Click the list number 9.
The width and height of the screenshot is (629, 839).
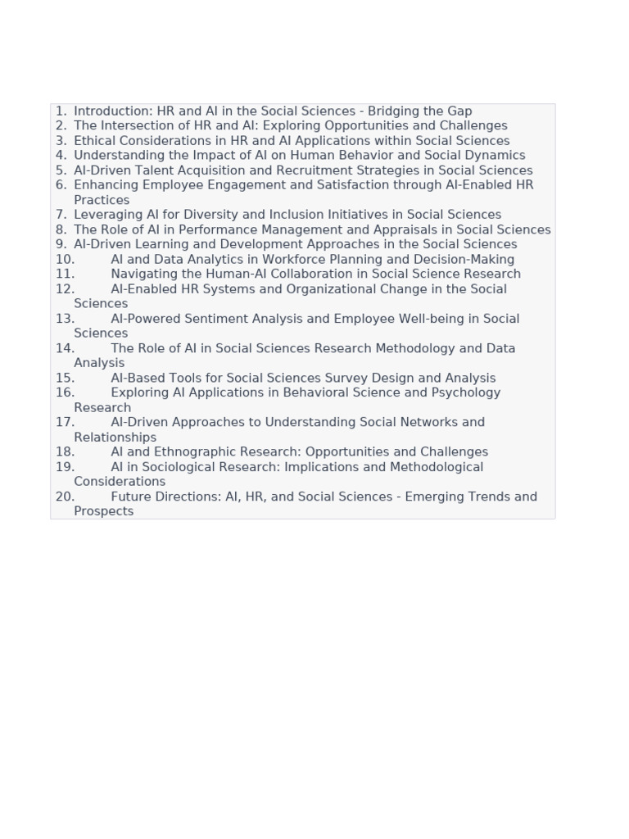tap(61, 244)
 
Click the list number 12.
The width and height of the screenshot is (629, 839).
tap(65, 289)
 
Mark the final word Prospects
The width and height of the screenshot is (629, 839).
tap(103, 511)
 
